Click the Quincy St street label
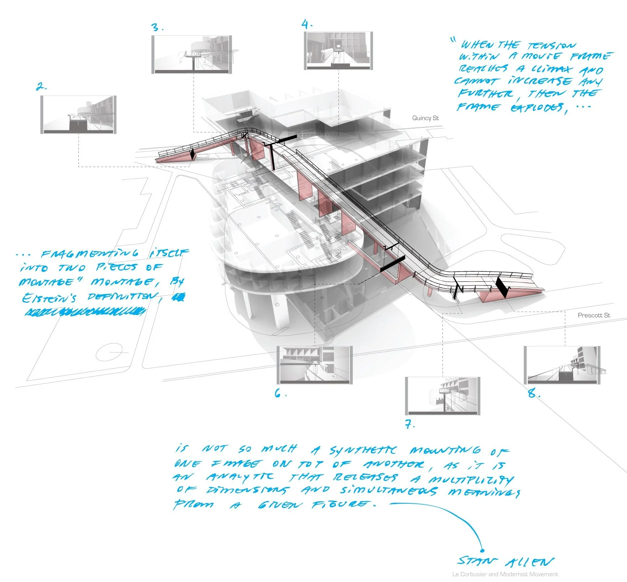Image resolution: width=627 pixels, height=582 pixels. pos(425,118)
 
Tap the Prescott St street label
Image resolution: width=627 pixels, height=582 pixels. pos(594,315)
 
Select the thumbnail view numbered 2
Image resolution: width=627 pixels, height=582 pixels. pos(78,115)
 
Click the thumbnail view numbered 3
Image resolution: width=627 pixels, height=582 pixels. pos(191,54)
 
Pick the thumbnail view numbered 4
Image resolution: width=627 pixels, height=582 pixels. pos(338,51)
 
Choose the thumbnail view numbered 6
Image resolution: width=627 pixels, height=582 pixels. pos(315,365)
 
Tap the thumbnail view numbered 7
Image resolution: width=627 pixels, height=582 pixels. pos(443,396)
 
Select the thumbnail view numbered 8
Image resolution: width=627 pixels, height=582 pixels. pos(562,365)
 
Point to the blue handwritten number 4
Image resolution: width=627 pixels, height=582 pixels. pos(307,25)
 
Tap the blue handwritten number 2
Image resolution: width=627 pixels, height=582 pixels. pos(41,87)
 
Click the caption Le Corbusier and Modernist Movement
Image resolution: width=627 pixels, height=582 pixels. pos(505,574)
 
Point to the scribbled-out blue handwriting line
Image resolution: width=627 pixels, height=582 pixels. pos(85,311)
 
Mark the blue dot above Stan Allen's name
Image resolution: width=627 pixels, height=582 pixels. pos(482,550)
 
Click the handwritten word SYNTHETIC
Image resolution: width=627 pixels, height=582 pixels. pos(363,450)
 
